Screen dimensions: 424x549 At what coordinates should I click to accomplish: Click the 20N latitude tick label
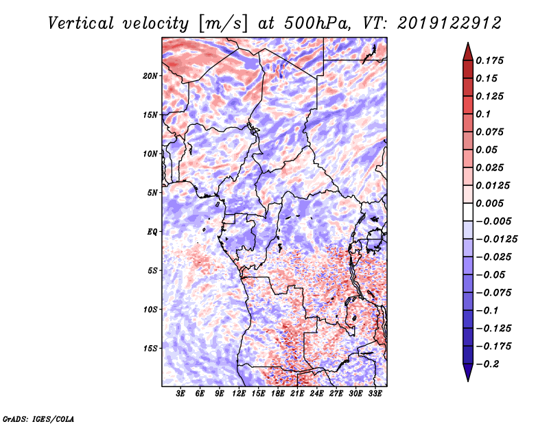tap(150, 75)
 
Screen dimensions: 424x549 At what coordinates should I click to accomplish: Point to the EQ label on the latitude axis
tap(152, 231)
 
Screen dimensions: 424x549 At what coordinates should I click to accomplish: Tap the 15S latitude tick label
tap(150, 348)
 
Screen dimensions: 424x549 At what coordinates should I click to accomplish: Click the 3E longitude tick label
tap(180, 393)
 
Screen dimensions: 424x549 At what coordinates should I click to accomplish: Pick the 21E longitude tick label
tap(297, 393)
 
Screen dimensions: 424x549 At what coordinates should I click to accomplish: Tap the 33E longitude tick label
tap(375, 393)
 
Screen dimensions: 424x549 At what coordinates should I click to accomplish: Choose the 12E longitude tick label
tap(239, 393)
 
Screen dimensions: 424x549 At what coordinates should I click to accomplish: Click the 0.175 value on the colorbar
tap(491, 60)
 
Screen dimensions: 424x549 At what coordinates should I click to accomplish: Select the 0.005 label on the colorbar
tap(491, 203)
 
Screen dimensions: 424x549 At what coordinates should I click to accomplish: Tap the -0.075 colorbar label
tap(495, 292)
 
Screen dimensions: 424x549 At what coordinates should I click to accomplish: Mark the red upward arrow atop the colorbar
tap(467, 50)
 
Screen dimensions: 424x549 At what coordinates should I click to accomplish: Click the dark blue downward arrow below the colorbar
tap(467, 373)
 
